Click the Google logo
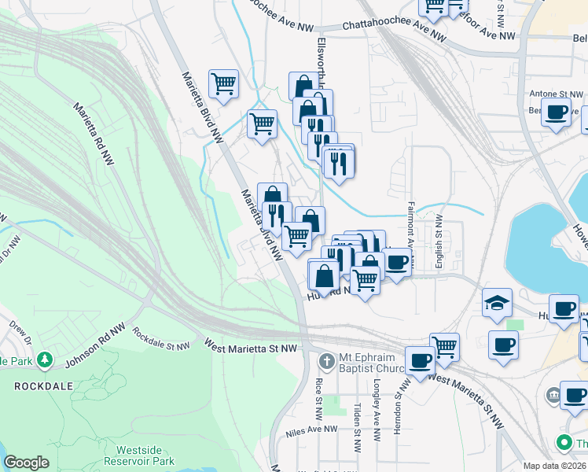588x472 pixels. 26,463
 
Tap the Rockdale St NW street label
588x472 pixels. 161,339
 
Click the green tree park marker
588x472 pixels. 46,360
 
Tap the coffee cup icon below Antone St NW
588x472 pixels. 557,113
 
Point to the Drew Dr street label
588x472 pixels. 20,331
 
